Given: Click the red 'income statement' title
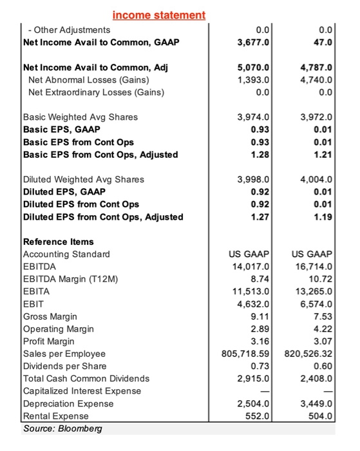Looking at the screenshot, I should (x=158, y=14).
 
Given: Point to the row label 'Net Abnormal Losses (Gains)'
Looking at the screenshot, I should (x=88, y=80).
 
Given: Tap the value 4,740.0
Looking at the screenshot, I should (x=316, y=80).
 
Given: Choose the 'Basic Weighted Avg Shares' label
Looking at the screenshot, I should (x=81, y=117).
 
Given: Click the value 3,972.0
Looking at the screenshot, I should (x=316, y=117).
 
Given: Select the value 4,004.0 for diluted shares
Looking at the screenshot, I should (x=316, y=179).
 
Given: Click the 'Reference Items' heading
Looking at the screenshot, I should (x=58, y=242).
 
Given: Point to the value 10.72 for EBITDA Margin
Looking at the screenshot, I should (x=320, y=278).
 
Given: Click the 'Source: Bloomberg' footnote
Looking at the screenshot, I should (x=59, y=428).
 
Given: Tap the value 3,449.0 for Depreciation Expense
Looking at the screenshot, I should (x=316, y=404).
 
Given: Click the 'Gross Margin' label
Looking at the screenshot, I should (x=50, y=316).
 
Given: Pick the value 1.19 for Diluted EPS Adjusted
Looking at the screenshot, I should (x=323, y=216).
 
